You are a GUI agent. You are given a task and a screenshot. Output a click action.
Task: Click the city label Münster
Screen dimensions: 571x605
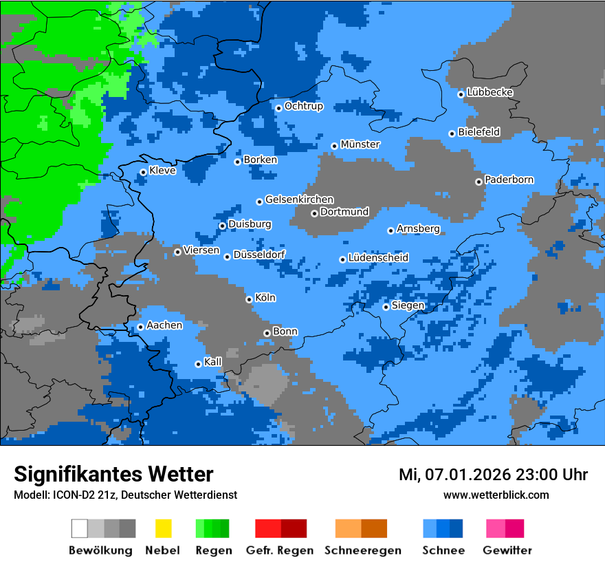360,144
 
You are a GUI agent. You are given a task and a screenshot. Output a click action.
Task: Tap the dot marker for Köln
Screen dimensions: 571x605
249,299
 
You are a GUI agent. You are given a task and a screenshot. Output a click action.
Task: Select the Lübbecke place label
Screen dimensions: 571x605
490,92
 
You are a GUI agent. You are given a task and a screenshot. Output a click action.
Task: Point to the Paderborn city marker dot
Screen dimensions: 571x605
478,182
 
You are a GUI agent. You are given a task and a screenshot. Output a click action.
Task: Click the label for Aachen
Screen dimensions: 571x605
164,325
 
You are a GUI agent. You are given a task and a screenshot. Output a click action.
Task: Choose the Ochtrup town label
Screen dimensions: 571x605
304,107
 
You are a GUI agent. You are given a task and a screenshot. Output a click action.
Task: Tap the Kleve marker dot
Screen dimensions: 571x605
143,172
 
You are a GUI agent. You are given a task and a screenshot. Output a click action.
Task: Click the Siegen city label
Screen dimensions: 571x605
408,305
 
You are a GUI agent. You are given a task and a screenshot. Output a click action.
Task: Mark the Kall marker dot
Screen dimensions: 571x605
198,364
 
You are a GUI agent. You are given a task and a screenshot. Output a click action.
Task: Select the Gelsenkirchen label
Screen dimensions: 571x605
299,200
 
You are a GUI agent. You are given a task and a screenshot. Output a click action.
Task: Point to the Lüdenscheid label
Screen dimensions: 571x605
378,258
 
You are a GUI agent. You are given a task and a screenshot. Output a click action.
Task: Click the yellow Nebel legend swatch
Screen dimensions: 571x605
163,528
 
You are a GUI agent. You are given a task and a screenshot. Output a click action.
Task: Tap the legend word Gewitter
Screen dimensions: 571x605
507,550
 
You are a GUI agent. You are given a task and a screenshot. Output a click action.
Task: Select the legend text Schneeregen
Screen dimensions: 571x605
362,550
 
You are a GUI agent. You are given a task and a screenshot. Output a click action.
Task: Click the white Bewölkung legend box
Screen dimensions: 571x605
80,528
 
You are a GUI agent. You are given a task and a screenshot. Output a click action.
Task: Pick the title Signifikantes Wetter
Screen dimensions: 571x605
113,474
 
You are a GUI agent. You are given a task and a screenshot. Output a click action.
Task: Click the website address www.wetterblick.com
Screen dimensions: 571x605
496,495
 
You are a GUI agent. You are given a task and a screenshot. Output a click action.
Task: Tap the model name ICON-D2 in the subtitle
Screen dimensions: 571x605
68,495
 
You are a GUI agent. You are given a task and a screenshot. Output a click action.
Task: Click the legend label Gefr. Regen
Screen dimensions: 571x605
280,550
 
